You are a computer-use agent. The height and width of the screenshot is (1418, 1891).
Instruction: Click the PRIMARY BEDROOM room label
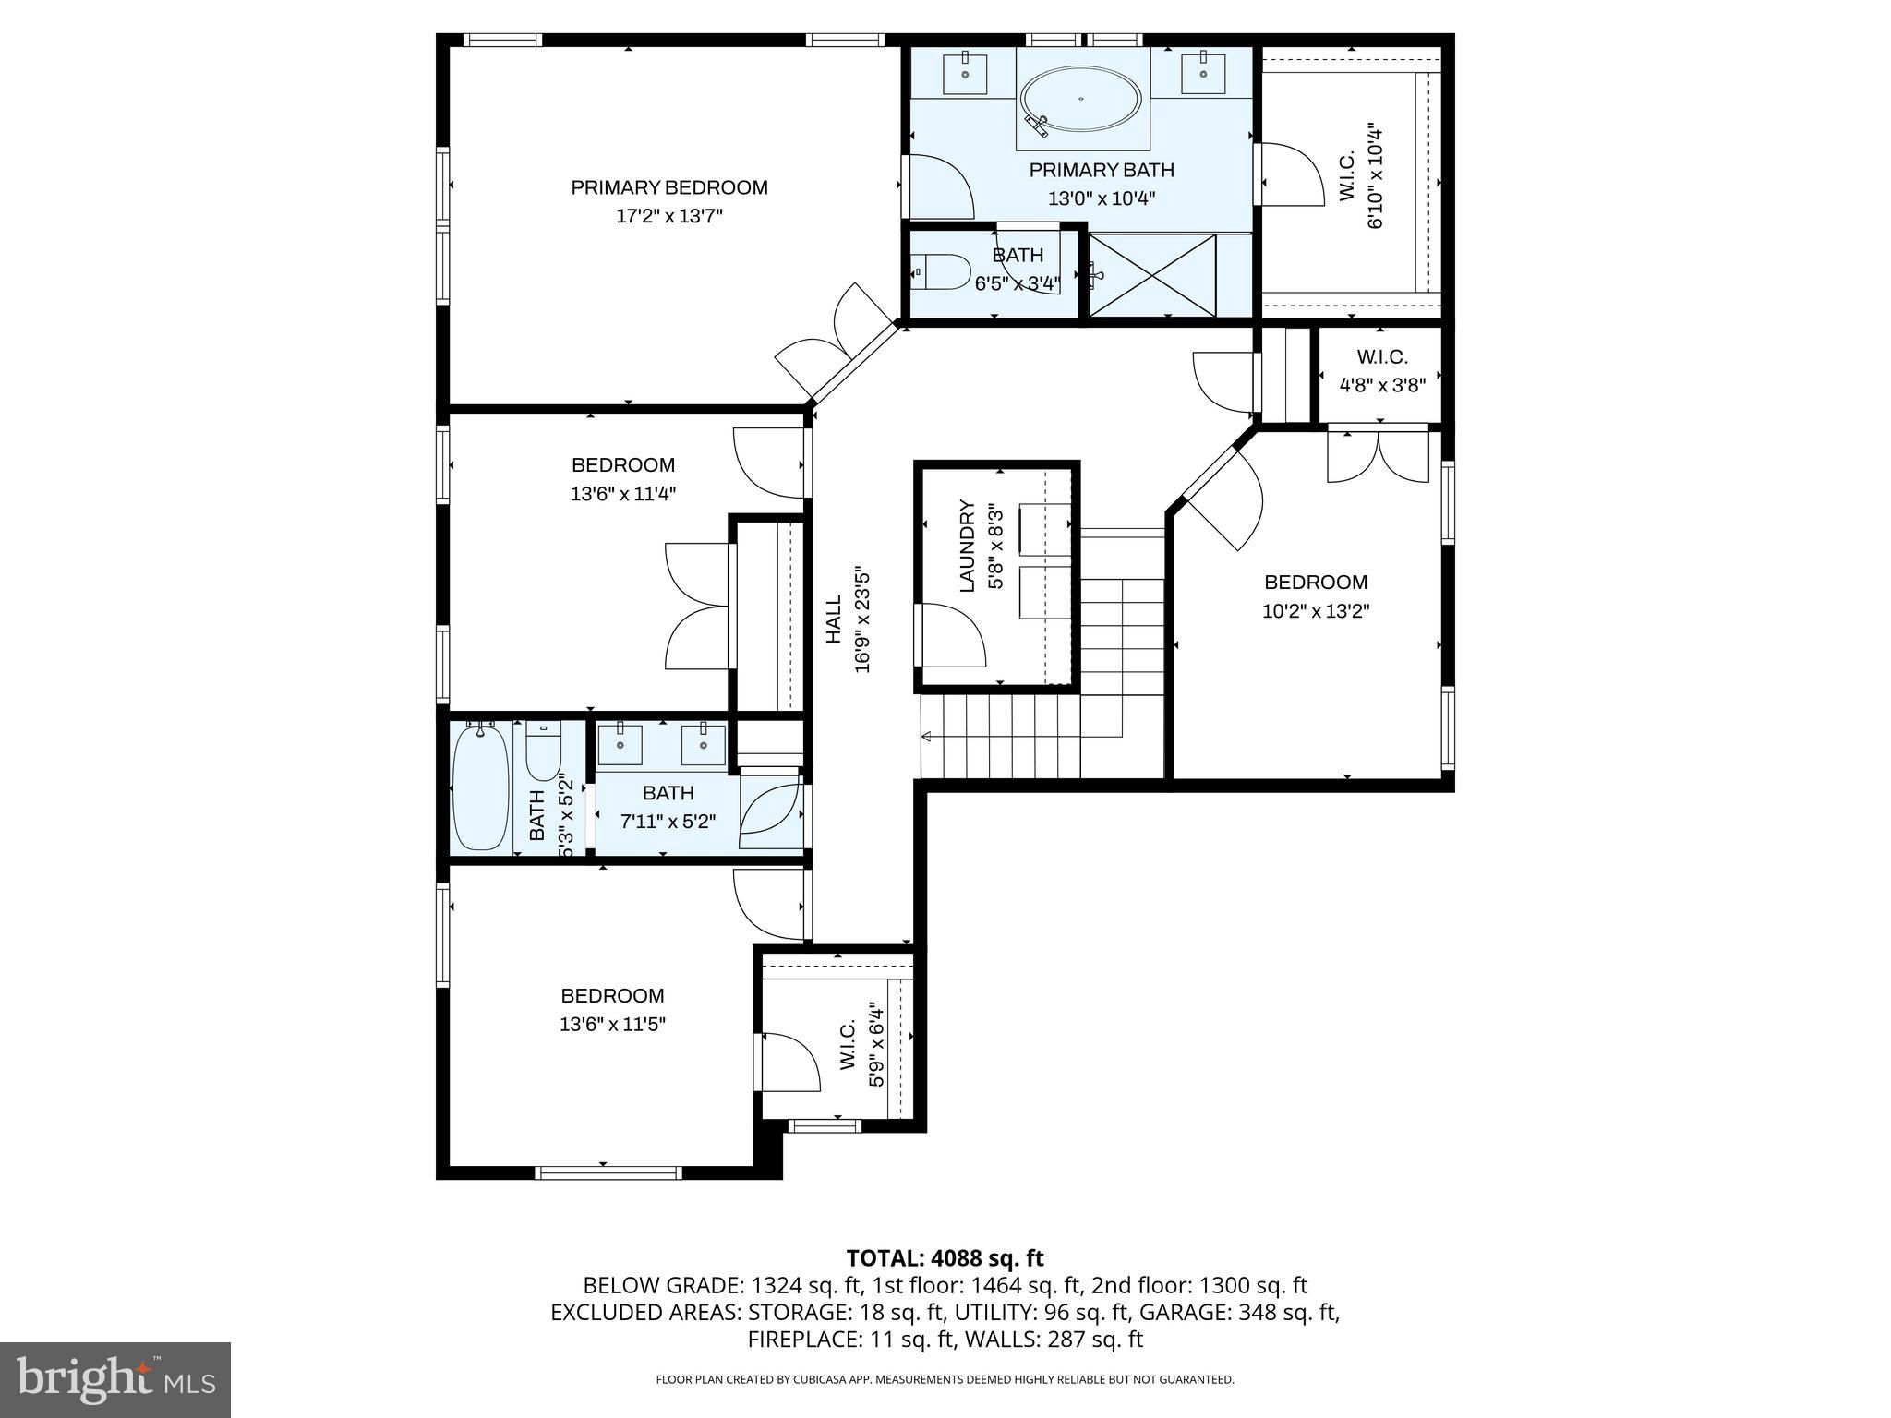pyautogui.click(x=668, y=187)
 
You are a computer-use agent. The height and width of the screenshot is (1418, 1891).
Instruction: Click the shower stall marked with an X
pyautogui.click(x=1152, y=275)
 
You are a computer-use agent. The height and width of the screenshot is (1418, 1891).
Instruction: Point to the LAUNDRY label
pyautogui.click(x=967, y=546)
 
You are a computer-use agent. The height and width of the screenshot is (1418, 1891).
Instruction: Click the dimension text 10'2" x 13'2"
pyautogui.click(x=1315, y=611)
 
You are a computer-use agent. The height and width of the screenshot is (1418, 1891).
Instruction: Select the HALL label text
pyautogui.click(x=834, y=619)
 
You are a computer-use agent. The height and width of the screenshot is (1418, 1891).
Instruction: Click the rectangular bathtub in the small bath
pyautogui.click(x=480, y=786)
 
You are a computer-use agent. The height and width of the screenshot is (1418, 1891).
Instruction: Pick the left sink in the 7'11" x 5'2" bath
pyautogui.click(x=620, y=744)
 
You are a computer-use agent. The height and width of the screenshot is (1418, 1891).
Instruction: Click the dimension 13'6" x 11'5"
pyautogui.click(x=612, y=1024)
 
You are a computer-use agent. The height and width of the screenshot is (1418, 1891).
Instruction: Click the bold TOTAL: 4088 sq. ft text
pyautogui.click(x=945, y=1257)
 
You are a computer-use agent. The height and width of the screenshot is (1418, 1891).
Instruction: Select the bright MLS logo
pyautogui.click(x=115, y=1379)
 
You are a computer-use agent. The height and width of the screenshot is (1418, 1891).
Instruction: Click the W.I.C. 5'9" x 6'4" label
pyautogui.click(x=849, y=1045)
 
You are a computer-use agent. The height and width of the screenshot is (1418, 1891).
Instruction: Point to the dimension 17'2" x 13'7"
pyautogui.click(x=668, y=216)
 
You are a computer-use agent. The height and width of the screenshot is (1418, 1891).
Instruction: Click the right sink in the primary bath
pyautogui.click(x=1203, y=74)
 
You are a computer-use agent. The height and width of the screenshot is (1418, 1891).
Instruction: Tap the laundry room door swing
pyautogui.click(x=951, y=635)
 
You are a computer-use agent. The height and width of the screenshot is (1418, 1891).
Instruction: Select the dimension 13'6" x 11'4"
pyautogui.click(x=622, y=494)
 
